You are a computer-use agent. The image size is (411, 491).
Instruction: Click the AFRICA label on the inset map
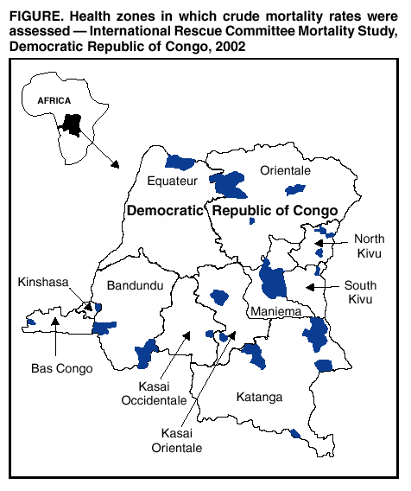click(54, 100)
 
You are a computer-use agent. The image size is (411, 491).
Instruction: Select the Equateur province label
click(172, 181)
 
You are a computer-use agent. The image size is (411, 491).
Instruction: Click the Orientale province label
click(285, 171)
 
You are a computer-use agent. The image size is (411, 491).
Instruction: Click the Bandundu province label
click(135, 285)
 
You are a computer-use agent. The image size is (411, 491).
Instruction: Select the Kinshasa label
click(41, 282)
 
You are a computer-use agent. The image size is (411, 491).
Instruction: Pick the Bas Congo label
click(56, 368)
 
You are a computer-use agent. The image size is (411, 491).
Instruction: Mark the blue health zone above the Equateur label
click(180, 162)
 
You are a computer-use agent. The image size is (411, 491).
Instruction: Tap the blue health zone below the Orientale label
click(296, 189)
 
